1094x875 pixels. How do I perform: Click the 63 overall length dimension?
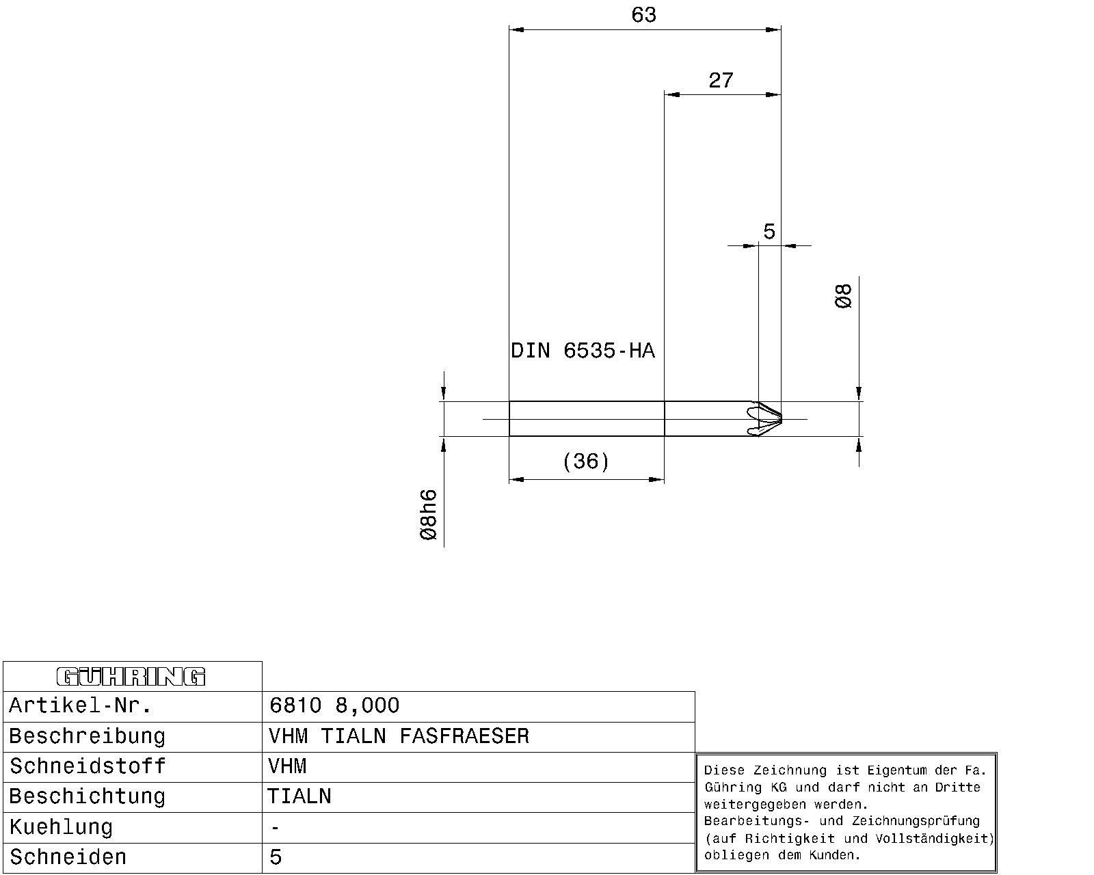643,15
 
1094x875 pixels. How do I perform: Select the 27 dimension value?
721,81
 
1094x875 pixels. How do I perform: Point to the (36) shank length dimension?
586,461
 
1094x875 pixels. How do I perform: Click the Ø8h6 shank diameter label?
429,515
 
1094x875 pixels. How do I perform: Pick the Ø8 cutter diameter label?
843,296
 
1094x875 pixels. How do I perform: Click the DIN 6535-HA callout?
583,351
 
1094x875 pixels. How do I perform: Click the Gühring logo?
131,677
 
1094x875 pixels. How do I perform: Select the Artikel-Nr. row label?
80,705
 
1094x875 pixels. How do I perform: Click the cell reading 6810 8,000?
334,705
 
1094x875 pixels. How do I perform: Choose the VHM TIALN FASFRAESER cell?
399,736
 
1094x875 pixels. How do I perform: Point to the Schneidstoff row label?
88,766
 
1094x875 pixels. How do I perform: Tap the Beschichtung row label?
88,796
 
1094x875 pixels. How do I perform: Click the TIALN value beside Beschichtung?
299,796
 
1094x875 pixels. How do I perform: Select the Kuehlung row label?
61,827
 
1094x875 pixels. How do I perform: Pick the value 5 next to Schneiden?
276,857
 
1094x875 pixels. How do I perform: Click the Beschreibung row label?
88,736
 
